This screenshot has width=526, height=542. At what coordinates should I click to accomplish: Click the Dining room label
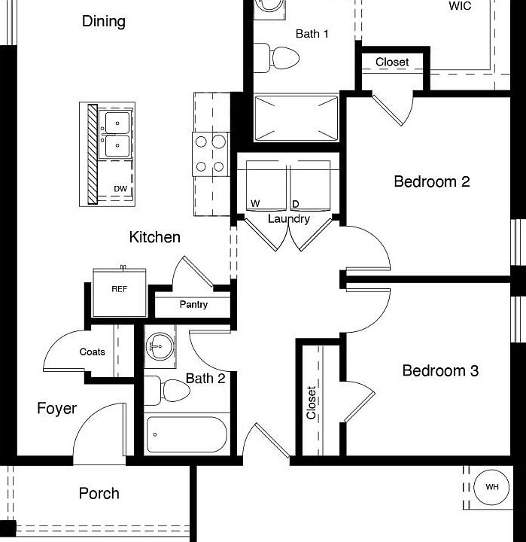point(104,21)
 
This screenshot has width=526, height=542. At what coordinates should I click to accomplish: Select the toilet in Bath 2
point(166,391)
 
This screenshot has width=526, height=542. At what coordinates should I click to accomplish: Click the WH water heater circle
point(491,487)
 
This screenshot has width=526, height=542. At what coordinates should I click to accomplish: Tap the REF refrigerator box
point(119,291)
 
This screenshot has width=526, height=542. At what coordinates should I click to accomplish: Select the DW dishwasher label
point(120,188)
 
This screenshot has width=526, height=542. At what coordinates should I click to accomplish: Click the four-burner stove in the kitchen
point(211,154)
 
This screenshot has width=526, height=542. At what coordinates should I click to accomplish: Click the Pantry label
point(193,305)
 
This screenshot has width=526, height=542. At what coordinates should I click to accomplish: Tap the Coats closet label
point(93,352)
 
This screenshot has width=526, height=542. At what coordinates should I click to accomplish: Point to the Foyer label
point(57,408)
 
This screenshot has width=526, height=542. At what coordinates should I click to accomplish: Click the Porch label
point(99,493)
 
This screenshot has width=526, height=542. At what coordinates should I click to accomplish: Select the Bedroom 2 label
point(432,181)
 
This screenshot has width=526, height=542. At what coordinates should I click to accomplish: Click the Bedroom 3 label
point(440,370)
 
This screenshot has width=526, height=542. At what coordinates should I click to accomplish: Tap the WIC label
point(460,6)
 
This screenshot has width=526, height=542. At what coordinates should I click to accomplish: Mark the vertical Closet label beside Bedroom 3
point(311,403)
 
